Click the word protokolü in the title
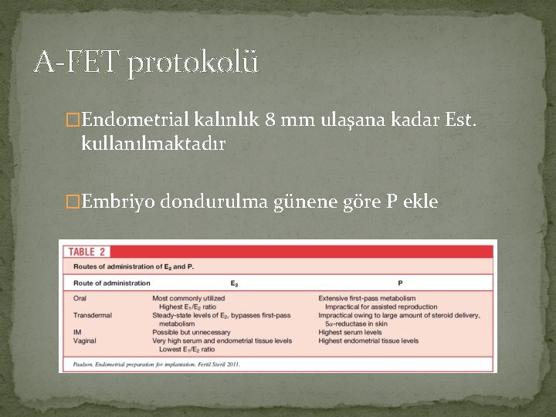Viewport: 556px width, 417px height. (x=193, y=63)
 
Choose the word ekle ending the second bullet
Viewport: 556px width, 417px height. (x=420, y=202)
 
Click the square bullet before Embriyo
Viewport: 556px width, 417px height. (x=73, y=202)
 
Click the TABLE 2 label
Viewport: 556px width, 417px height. (x=90, y=251)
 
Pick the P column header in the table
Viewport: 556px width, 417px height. (x=400, y=283)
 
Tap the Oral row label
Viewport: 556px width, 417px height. (x=80, y=298)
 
